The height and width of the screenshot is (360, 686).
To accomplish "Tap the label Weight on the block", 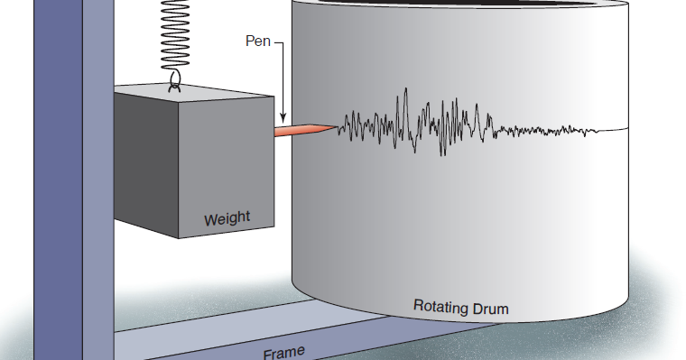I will coord(227,218).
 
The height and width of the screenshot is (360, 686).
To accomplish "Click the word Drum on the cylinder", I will coord(489,309).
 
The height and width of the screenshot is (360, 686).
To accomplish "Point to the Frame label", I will coord(283,352).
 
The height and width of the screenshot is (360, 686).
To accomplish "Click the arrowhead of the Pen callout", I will coord(283,118).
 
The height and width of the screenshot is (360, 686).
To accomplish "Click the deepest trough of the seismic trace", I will coord(443,154).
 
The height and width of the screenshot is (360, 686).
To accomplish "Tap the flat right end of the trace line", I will coord(614,129).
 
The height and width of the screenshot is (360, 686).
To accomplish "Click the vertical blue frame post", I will coord(97,180).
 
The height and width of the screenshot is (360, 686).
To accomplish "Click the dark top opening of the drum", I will coord(460,5).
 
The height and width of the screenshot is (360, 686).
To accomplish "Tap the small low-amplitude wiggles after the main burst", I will coord(542,132).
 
